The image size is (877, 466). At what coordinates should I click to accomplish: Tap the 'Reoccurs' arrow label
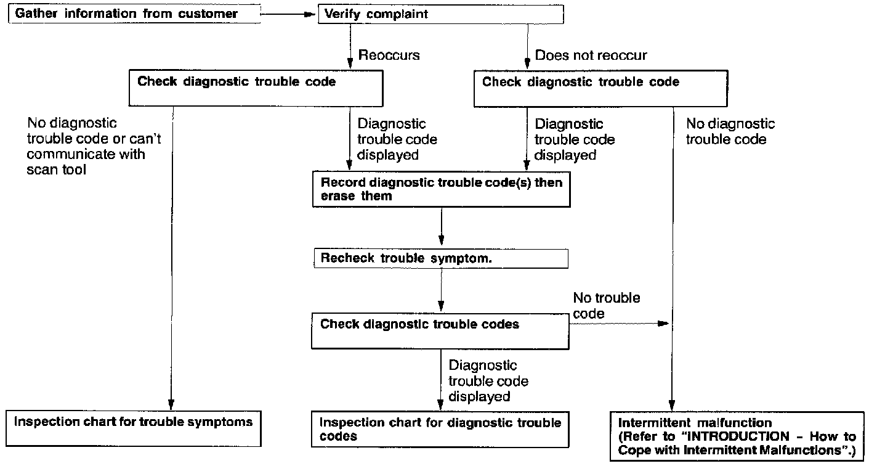[389, 55]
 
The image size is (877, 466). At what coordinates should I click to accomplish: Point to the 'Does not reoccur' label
[591, 55]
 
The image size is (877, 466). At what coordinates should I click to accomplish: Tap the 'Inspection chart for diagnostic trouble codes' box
[440, 430]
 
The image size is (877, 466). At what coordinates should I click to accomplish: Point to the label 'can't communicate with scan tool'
[86, 155]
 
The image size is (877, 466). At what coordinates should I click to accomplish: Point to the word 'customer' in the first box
[208, 14]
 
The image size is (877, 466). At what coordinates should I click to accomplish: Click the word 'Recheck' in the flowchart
[345, 258]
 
